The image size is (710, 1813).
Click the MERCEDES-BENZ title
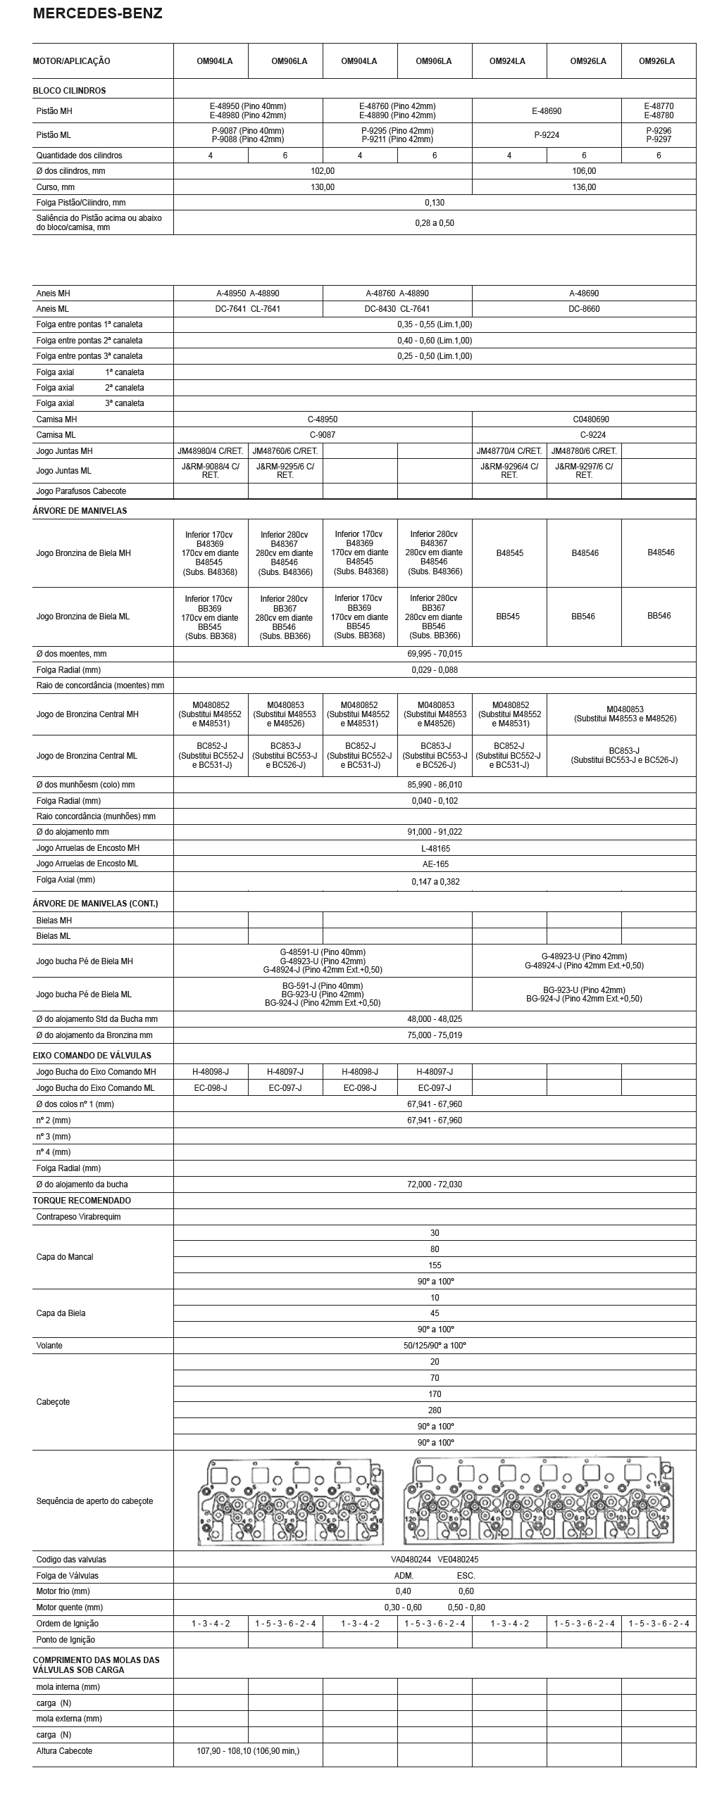(98, 13)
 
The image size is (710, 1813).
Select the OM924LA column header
(507, 61)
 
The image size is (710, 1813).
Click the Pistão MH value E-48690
(547, 111)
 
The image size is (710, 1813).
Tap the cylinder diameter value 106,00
(584, 171)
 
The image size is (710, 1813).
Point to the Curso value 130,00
(323, 187)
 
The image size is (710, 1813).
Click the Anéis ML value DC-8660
(584, 309)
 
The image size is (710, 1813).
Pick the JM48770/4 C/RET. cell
(509, 451)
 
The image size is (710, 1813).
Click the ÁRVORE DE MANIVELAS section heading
(80, 511)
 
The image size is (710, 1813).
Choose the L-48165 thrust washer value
(435, 849)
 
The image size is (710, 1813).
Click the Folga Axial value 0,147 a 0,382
(435, 881)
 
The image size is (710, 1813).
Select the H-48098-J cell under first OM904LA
(211, 1072)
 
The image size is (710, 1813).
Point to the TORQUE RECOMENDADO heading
(82, 1201)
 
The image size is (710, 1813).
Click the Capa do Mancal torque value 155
(435, 1265)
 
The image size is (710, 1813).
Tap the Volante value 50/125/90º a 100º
(435, 1346)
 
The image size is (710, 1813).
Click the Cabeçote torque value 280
(435, 1410)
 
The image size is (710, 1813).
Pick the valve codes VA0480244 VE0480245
(435, 1560)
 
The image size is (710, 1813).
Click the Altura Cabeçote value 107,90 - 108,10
(248, 1751)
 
